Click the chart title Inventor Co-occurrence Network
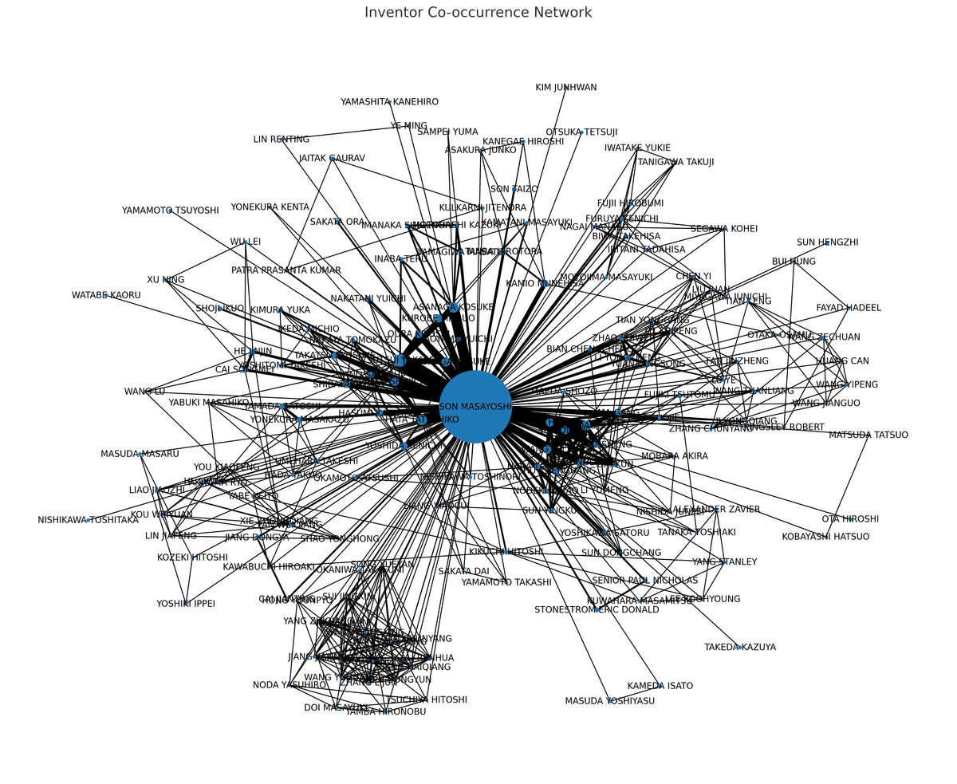pyautogui.click(x=478, y=13)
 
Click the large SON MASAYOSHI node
pyautogui.click(x=475, y=407)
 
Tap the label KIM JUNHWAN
pyautogui.click(x=565, y=88)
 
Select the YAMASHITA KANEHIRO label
pyautogui.click(x=389, y=102)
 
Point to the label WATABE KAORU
pyautogui.click(x=106, y=295)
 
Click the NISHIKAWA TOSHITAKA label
pyautogui.click(x=88, y=520)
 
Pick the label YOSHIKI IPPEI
pyautogui.click(x=186, y=604)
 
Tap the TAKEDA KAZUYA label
pyautogui.click(x=740, y=648)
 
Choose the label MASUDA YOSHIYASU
pyautogui.click(x=609, y=701)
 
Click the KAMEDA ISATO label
pyautogui.click(x=660, y=686)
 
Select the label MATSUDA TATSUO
pyautogui.click(x=868, y=435)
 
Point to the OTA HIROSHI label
pyautogui.click(x=850, y=519)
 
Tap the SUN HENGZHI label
pyautogui.click(x=827, y=242)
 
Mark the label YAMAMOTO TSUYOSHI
pyautogui.click(x=170, y=211)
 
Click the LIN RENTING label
pyautogui.click(x=282, y=140)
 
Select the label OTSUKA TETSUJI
pyautogui.click(x=581, y=132)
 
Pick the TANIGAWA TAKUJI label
pyautogui.click(x=675, y=162)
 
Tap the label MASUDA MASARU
pyautogui.click(x=140, y=454)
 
